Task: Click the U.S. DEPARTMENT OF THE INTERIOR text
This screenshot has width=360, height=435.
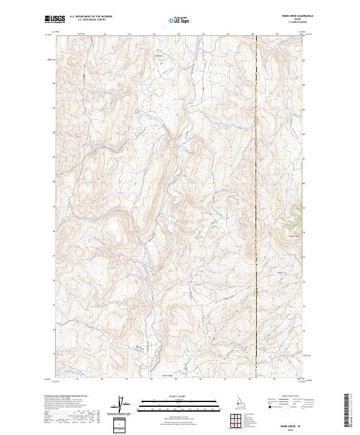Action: (x=91, y=17)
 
